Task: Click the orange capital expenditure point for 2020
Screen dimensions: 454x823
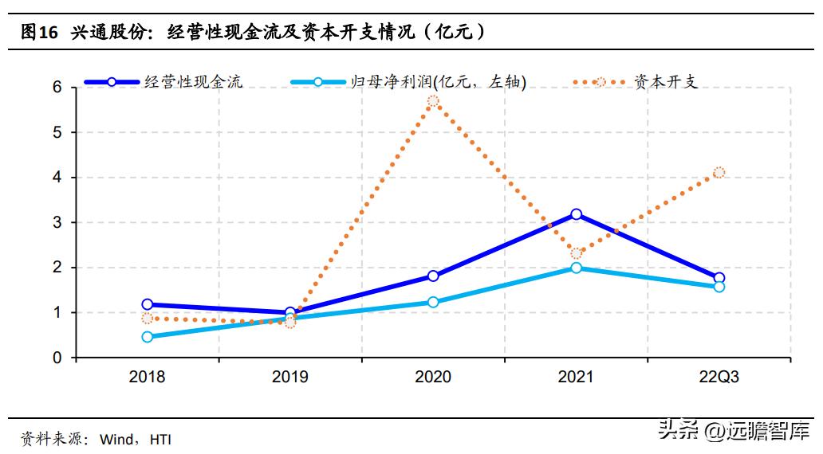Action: (x=433, y=101)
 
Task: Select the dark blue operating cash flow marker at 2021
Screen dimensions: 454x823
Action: (x=576, y=214)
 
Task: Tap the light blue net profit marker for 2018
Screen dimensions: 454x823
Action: (x=148, y=337)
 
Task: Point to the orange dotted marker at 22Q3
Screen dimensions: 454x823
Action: (x=719, y=172)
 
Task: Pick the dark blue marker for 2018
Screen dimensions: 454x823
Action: (x=148, y=304)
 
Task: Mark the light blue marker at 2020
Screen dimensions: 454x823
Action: (x=433, y=302)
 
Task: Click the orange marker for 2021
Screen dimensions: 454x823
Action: (x=577, y=253)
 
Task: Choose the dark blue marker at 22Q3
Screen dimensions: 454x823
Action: (x=719, y=278)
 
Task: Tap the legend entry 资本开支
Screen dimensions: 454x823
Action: (x=665, y=81)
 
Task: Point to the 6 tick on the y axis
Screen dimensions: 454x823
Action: (x=57, y=87)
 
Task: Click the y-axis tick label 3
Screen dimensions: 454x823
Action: (x=57, y=222)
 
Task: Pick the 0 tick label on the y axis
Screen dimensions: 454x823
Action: (x=57, y=358)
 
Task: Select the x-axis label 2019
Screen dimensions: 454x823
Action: (x=289, y=378)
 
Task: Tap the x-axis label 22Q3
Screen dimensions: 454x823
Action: (x=719, y=378)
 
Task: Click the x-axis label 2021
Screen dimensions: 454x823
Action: (x=576, y=378)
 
